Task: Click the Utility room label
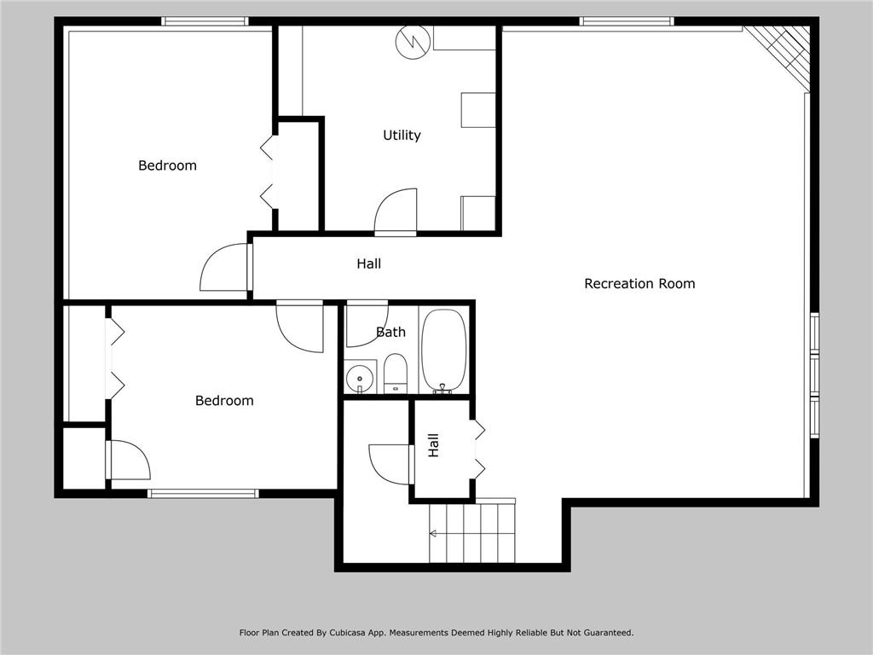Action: coord(402,136)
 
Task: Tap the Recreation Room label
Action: coord(639,283)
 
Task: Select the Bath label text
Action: coord(390,332)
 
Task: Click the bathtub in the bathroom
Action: coord(443,351)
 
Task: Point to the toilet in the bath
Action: coord(396,373)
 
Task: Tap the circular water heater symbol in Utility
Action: coord(413,41)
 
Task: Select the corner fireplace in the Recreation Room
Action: coord(778,55)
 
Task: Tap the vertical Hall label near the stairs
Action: coord(433,445)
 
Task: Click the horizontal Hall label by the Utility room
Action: coord(368,264)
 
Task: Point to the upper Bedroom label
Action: coord(167,165)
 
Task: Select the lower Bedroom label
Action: coord(224,401)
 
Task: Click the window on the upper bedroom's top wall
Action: coord(205,21)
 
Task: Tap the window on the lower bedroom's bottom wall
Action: coord(203,493)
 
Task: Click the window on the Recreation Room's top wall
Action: coord(627,21)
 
